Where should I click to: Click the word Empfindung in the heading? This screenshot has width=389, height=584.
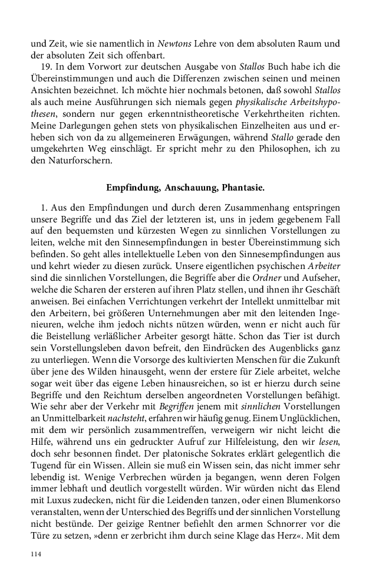point(133,188)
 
